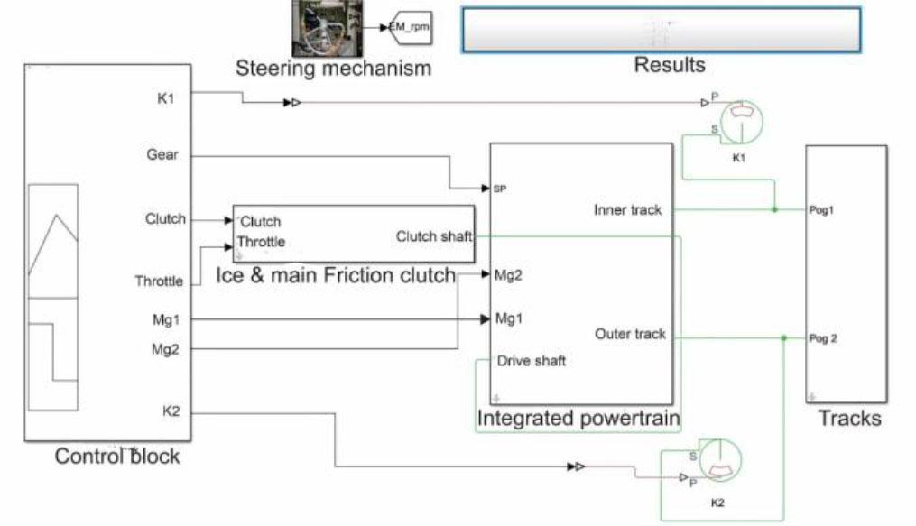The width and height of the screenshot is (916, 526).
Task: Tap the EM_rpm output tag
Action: click(410, 28)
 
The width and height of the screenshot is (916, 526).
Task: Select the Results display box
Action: click(661, 31)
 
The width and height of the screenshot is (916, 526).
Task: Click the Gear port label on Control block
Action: click(162, 155)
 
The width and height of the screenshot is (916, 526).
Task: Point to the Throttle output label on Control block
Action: click(159, 281)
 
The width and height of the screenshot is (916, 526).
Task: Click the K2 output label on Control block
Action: click(171, 412)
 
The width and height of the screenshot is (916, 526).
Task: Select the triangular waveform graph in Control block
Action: click(53, 242)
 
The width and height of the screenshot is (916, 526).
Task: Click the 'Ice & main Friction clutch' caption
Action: click(336, 276)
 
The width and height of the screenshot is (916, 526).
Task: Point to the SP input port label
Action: click(500, 189)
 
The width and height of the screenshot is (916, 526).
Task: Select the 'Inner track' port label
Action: click(627, 210)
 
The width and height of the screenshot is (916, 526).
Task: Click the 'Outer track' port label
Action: click(630, 335)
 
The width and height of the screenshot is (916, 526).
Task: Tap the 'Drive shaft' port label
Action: click(532, 361)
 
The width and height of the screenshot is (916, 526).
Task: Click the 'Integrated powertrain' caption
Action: click(578, 419)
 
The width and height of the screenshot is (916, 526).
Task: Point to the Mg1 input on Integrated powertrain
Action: click(508, 318)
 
